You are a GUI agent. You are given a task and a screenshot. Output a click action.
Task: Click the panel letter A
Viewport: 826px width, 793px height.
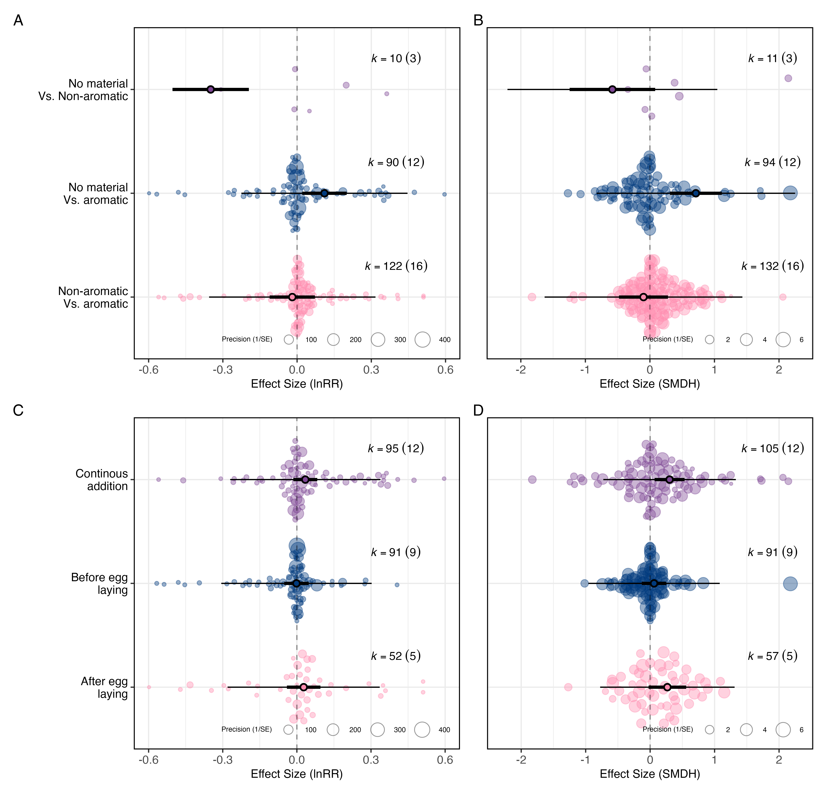[x=18, y=20]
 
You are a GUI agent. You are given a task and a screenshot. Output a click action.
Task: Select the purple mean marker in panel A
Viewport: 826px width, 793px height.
[x=211, y=89]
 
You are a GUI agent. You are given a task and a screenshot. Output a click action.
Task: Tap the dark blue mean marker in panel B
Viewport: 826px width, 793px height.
[x=696, y=193]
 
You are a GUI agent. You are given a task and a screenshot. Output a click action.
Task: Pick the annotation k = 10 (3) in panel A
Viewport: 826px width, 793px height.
[x=396, y=58]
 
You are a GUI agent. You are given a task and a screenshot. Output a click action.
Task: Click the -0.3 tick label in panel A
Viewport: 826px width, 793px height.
[x=223, y=370]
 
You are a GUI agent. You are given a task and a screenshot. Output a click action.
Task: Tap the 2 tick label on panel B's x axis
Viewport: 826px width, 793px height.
[x=779, y=370]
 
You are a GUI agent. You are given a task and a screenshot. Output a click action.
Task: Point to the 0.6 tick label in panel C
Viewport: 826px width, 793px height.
[x=445, y=760]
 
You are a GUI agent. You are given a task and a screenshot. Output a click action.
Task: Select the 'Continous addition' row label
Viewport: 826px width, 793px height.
[x=102, y=480]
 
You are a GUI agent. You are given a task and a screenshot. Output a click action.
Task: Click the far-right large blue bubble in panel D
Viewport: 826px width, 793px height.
[x=790, y=584]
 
